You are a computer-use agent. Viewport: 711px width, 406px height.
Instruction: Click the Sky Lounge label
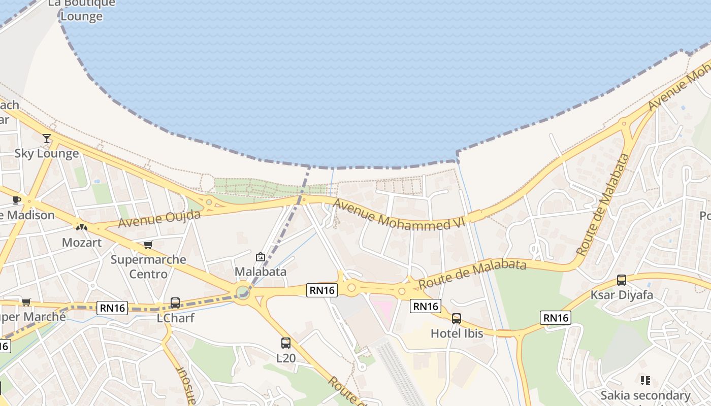click(x=46, y=153)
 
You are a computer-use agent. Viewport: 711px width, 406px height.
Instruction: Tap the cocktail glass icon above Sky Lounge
click(x=47, y=138)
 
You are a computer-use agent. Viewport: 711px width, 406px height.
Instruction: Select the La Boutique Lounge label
click(x=81, y=10)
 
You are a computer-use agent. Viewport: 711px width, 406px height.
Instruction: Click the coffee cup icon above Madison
click(x=17, y=200)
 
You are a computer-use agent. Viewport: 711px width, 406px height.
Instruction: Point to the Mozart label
click(x=81, y=243)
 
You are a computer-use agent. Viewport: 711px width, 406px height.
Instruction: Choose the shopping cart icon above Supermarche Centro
click(x=148, y=245)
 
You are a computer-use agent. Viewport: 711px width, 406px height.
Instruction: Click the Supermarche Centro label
click(x=148, y=267)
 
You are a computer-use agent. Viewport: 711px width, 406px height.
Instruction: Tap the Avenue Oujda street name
click(x=159, y=218)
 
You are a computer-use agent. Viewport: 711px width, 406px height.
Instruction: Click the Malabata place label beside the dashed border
click(x=260, y=272)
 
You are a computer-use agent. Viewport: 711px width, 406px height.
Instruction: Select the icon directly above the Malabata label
click(x=261, y=257)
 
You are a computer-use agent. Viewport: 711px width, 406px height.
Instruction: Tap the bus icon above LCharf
click(x=175, y=303)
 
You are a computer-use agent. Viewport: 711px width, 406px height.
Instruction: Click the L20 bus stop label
click(x=285, y=358)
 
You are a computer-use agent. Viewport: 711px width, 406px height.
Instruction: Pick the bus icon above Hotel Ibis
click(x=457, y=319)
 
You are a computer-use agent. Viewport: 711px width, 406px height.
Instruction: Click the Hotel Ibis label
click(x=457, y=333)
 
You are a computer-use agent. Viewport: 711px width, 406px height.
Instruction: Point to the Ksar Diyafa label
click(x=622, y=295)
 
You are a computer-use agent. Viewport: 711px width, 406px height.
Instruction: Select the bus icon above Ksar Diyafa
click(x=622, y=280)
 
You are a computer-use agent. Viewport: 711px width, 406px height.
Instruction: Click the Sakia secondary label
click(x=645, y=395)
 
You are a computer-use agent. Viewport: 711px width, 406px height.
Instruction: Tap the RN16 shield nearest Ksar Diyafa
click(x=556, y=318)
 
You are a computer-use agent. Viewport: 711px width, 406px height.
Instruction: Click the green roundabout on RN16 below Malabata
click(x=243, y=292)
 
